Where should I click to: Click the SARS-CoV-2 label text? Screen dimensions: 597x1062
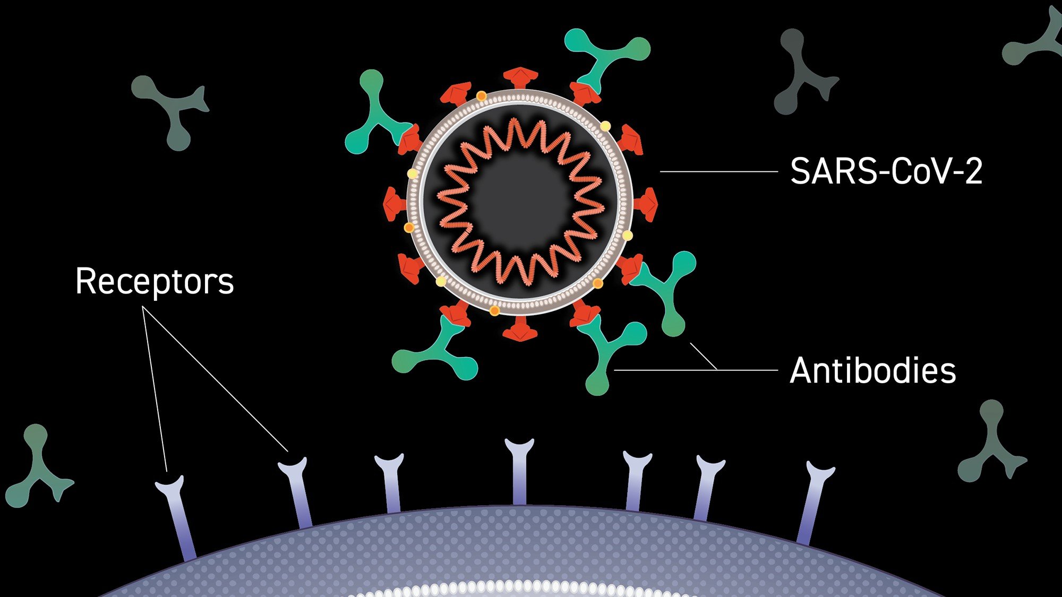pyautogui.click(x=886, y=171)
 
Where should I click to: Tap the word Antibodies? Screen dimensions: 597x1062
pyautogui.click(x=872, y=370)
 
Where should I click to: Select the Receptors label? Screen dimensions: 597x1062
pyautogui.click(x=155, y=281)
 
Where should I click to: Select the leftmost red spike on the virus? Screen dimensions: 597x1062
pyautogui.click(x=394, y=204)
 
